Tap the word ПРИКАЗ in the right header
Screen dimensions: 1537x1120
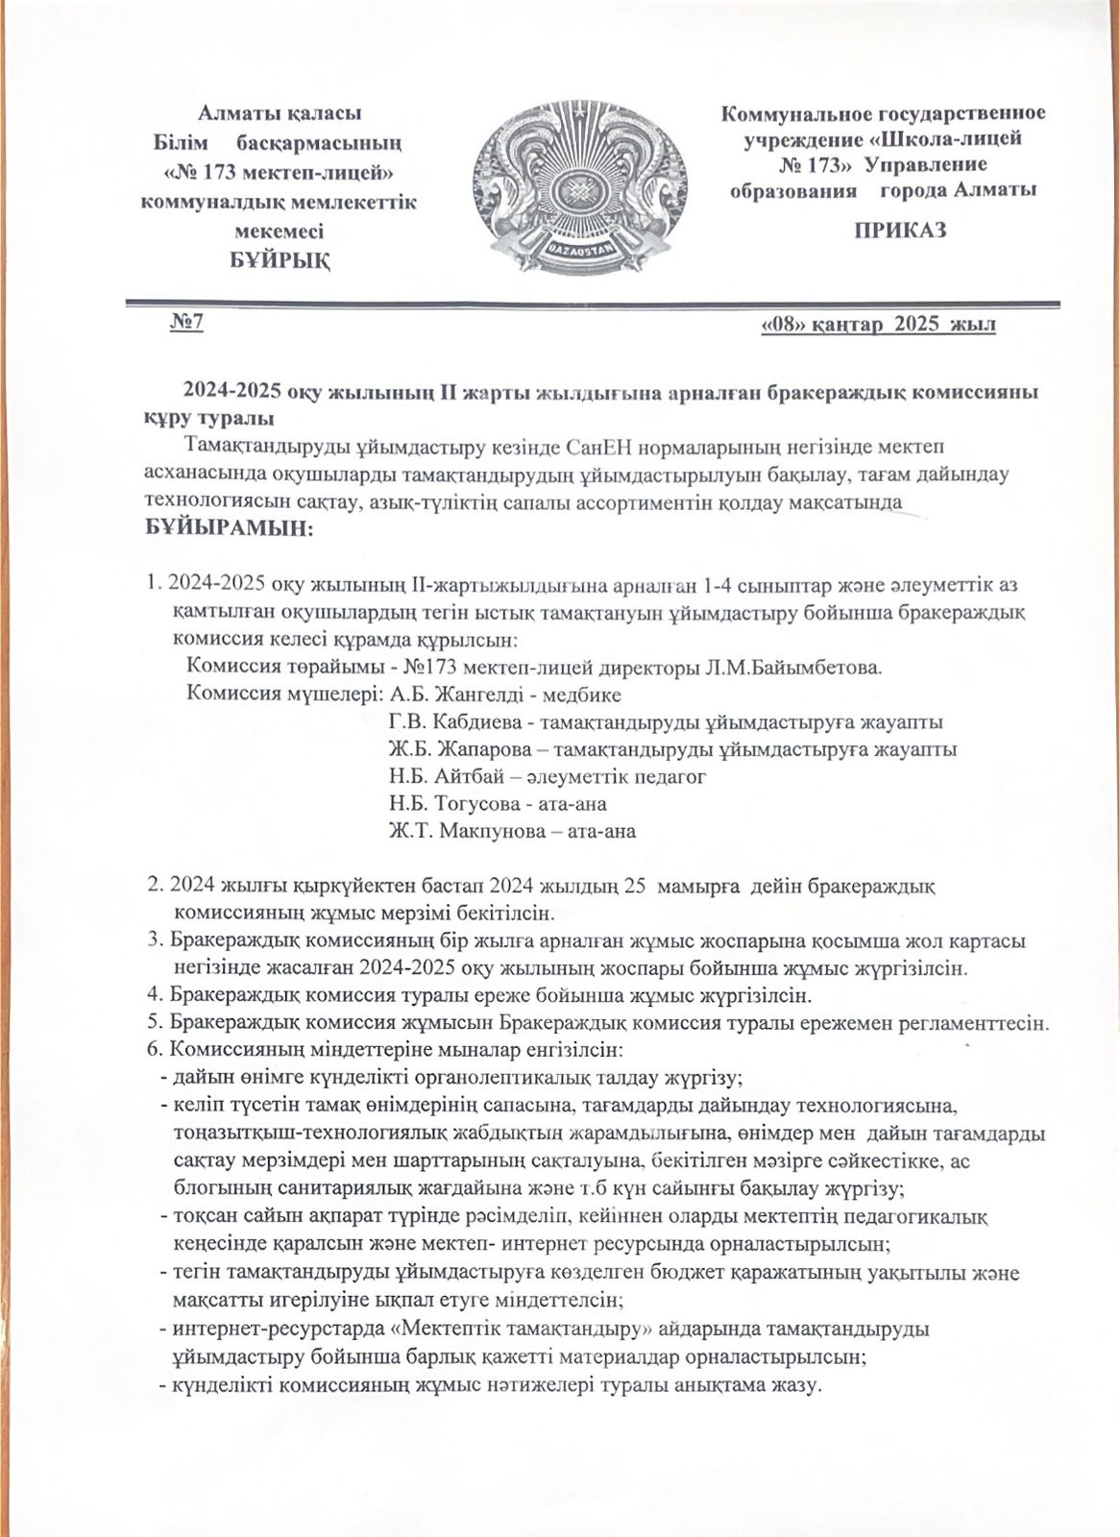900,231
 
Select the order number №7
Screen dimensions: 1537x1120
185,324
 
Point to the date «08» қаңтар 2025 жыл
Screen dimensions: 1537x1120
877,326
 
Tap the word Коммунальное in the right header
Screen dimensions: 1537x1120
815,115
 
